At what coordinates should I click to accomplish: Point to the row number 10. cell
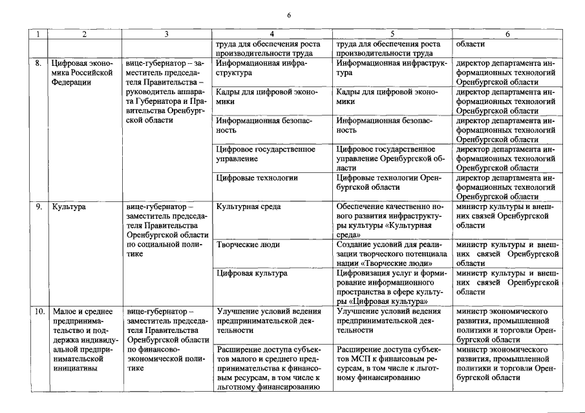click(38, 311)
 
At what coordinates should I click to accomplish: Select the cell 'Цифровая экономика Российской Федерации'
click(82, 73)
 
